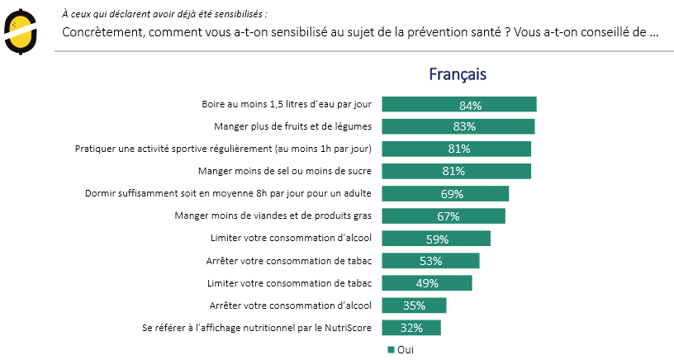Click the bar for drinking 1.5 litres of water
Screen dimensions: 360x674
point(459,104)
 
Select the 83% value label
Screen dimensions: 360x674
point(464,126)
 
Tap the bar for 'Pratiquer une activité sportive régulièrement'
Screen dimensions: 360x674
point(456,149)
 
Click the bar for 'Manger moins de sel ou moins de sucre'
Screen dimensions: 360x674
point(456,171)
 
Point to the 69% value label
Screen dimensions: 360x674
point(452,194)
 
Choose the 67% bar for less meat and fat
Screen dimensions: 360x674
point(444,216)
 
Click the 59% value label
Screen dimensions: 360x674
point(437,239)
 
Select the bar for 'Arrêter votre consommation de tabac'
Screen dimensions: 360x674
point(430,261)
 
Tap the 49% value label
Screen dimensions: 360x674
point(427,283)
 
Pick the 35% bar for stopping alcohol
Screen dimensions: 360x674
point(414,306)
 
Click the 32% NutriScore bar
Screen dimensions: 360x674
point(411,328)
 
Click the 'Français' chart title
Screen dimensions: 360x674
point(457,74)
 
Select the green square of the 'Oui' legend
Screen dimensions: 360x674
point(391,350)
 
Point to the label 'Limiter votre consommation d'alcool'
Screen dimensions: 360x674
point(292,239)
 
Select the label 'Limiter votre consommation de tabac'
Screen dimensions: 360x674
point(292,283)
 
